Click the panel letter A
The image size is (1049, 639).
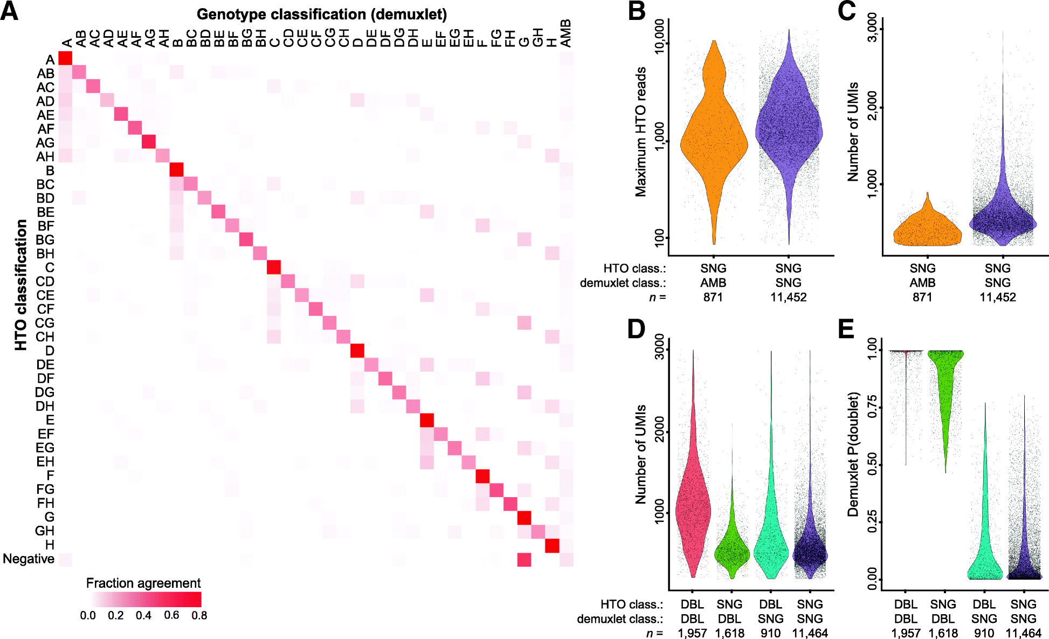click(10, 11)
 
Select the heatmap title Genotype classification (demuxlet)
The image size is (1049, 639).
click(321, 15)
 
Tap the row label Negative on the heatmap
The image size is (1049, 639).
click(29, 559)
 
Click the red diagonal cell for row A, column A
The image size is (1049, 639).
click(65, 58)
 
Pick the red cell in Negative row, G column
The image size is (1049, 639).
click(524, 560)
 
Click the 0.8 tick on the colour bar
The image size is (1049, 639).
click(199, 616)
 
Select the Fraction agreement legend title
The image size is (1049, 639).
click(143, 583)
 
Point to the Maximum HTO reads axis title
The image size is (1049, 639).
click(640, 132)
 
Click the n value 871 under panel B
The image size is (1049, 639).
click(713, 297)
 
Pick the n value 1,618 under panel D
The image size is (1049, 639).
click(729, 633)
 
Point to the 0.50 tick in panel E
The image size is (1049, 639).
click(871, 464)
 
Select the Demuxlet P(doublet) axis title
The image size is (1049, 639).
click(853, 454)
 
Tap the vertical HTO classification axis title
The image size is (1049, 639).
click(20, 285)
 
